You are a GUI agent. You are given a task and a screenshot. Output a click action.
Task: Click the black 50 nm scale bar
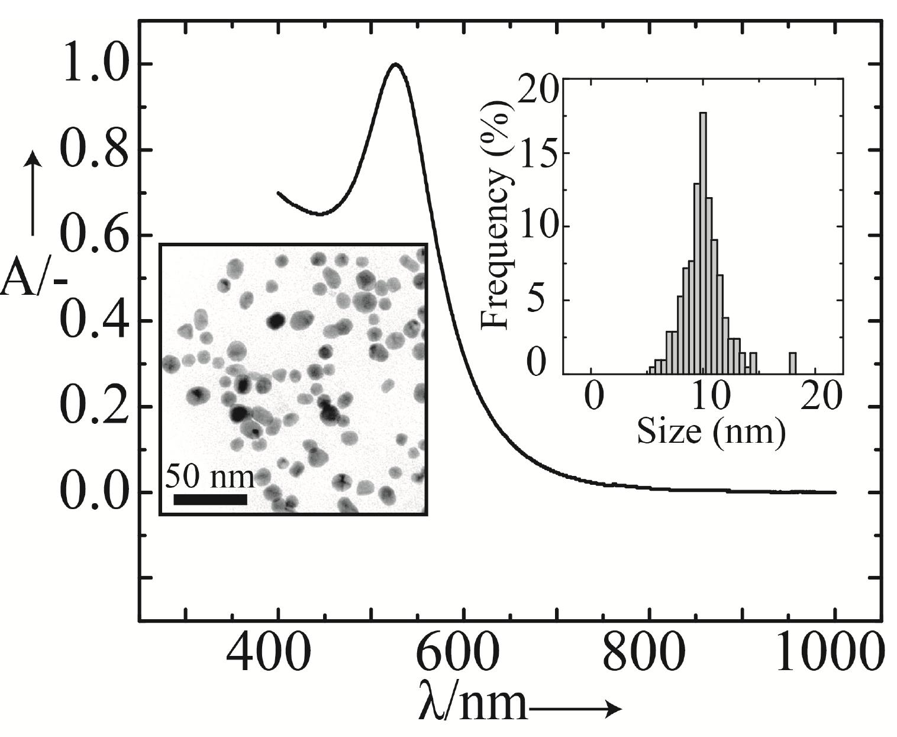click(210, 499)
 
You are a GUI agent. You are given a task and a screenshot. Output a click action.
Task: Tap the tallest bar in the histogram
click(703, 243)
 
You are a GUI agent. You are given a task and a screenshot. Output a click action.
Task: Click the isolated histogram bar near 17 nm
click(792, 363)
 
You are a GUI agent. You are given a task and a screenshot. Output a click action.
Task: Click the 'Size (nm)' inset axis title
click(711, 432)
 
